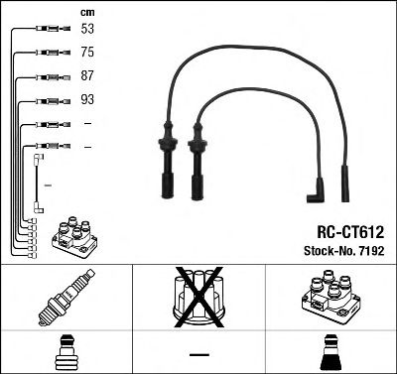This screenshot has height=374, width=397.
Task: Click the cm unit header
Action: click(85, 12)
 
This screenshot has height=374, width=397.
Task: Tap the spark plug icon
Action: click(66, 300)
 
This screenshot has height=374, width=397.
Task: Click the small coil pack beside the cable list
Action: click(76, 237)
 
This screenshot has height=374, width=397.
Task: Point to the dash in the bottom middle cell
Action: click(198, 353)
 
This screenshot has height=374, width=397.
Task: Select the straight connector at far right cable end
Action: click(345, 185)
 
